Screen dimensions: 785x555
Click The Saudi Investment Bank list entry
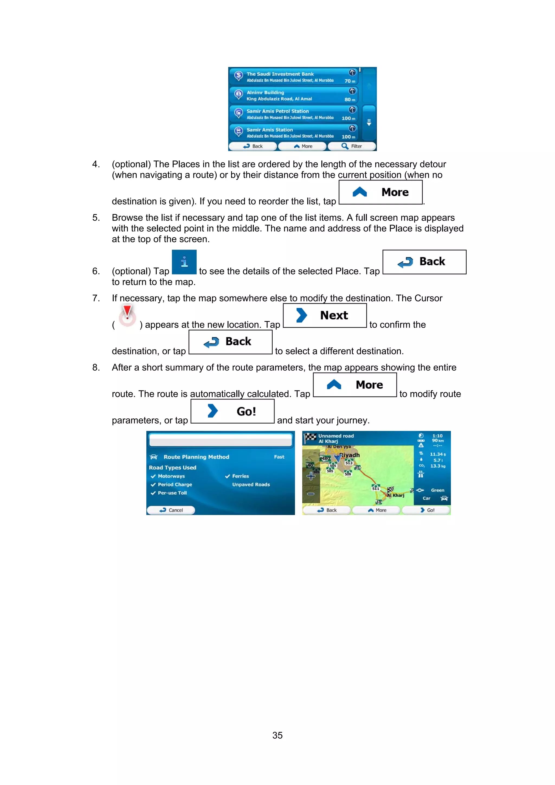tap(293, 77)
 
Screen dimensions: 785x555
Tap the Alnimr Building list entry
tap(293, 95)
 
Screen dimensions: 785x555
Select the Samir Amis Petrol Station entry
tap(293, 114)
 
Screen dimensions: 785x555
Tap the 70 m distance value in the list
tap(350, 81)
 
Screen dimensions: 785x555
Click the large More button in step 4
tap(380, 192)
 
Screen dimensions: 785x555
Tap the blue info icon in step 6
tap(184, 262)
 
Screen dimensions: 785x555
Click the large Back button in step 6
tap(424, 262)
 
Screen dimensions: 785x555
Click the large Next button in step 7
tap(325, 315)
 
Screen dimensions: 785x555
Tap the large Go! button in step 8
tap(232, 411)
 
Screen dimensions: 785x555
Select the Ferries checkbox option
tap(237, 476)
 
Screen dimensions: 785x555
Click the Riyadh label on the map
tap(350, 455)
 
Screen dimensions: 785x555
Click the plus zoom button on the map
tap(311, 476)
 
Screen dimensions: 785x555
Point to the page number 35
tap(277, 735)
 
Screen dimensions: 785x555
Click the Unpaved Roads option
tap(251, 484)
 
